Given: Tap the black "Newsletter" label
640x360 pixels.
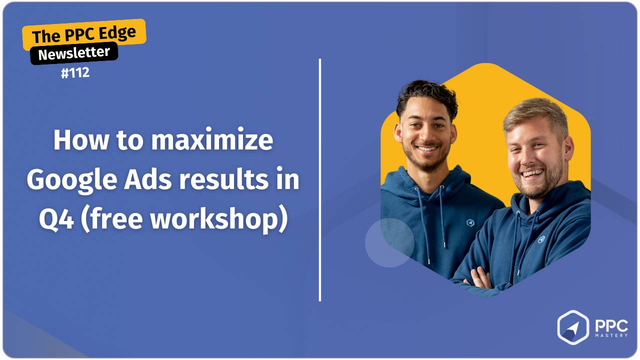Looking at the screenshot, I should pyautogui.click(x=74, y=53).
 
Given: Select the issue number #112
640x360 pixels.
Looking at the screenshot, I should pyautogui.click(x=75, y=73).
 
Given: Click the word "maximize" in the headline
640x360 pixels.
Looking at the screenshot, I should pyautogui.click(x=212, y=140).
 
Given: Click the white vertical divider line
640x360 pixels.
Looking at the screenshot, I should pyautogui.click(x=320, y=180).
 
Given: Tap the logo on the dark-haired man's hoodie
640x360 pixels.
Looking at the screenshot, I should pyautogui.click(x=469, y=222).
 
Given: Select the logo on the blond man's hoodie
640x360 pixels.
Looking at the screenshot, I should pyautogui.click(x=541, y=239).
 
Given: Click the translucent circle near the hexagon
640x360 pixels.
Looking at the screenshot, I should pyautogui.click(x=389, y=242).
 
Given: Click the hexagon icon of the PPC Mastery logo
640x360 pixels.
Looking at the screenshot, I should pyautogui.click(x=573, y=327).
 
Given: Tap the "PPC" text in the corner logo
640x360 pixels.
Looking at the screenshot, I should pyautogui.click(x=610, y=325).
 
